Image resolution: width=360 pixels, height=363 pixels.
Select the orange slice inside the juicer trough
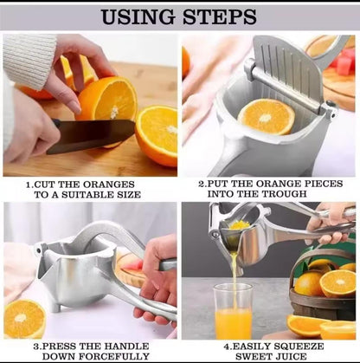coord(267,116)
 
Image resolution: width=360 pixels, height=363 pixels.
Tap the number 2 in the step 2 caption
coord(201,184)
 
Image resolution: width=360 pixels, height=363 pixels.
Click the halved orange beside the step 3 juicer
coord(24,319)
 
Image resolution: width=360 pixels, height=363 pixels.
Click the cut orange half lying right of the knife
coord(157,134)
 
